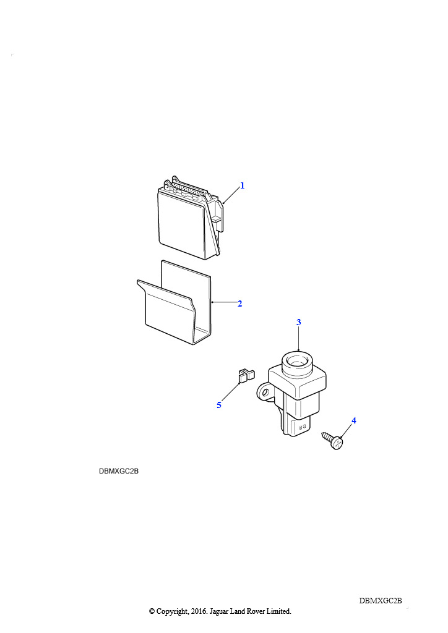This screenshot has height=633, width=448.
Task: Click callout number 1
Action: click(x=243, y=185)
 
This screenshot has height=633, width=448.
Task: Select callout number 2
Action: click(x=239, y=304)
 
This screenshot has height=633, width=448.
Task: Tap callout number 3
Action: click(x=298, y=322)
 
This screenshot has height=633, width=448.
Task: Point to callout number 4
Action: click(x=354, y=420)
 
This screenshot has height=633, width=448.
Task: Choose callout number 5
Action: click(x=219, y=405)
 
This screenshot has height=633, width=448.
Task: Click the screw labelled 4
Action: click(x=333, y=440)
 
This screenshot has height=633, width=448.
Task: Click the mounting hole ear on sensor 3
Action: click(x=265, y=393)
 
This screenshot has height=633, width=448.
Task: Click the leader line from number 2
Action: click(x=224, y=302)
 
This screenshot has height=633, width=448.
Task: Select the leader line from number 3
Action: click(x=298, y=338)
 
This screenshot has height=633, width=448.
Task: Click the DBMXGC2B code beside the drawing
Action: click(x=119, y=471)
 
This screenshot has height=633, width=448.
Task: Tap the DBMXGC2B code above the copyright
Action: click(x=381, y=601)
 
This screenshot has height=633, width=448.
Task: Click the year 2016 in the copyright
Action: click(x=197, y=611)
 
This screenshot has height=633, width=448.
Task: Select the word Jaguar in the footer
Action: click(x=218, y=611)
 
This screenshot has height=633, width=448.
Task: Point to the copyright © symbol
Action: click(x=152, y=611)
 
